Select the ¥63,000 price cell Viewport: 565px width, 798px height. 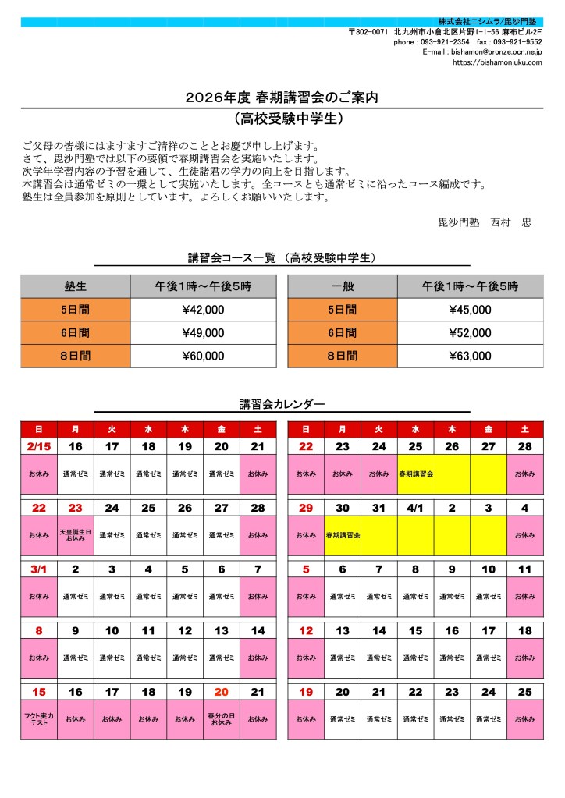coord(470,356)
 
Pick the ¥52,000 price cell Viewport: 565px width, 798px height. coord(470,333)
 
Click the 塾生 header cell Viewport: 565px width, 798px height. coord(76,287)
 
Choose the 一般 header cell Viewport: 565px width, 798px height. coord(343,287)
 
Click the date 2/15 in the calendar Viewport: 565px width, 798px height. coord(39,446)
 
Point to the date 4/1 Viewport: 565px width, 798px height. coord(415,508)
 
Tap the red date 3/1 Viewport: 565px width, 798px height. coord(39,569)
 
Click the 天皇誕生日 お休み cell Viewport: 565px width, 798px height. coord(76,535)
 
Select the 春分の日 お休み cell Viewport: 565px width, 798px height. coord(221,719)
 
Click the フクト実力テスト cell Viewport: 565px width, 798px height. coord(39,719)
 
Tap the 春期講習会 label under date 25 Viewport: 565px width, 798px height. coord(416,474)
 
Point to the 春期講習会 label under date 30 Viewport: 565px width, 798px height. coord(343,536)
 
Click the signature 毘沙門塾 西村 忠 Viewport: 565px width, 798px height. coord(484,222)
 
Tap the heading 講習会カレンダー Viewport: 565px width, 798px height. coord(282,404)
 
